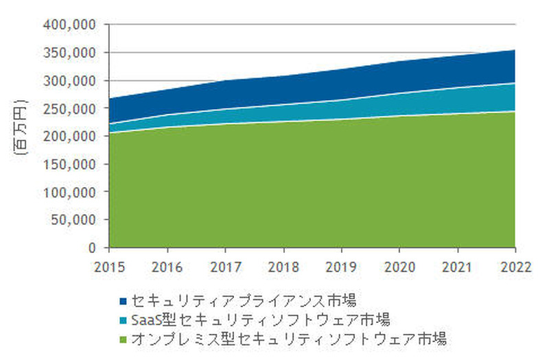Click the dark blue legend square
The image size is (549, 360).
(x=123, y=300)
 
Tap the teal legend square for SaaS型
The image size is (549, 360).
(x=123, y=320)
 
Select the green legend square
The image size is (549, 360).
(x=123, y=339)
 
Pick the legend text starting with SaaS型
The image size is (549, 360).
(x=260, y=319)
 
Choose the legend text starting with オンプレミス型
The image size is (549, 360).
(x=289, y=338)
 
